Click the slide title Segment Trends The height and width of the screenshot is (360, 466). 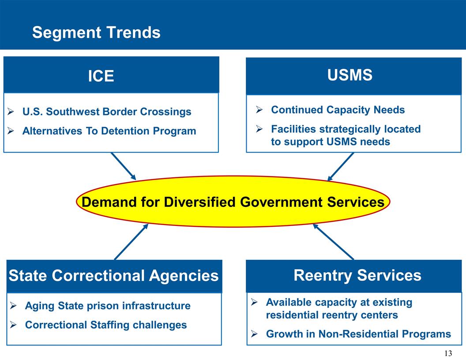96,33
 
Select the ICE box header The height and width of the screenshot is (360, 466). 101,76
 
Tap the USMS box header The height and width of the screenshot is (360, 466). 349,75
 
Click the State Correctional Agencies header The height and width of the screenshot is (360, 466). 113,276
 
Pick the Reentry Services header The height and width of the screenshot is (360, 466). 357,275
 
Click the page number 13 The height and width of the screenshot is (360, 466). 448,353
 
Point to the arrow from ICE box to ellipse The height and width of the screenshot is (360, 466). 124,166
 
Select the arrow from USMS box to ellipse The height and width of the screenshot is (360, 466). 341,166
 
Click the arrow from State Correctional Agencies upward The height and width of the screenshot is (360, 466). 131,242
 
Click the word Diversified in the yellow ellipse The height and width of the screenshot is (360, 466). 200,202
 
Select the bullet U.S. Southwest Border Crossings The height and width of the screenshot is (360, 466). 107,112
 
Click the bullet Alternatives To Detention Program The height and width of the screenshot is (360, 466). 109,131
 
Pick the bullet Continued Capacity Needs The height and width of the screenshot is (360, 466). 338,110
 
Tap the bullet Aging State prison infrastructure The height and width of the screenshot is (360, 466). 108,306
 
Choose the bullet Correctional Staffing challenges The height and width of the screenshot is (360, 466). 106,325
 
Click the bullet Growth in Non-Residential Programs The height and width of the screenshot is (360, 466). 358,334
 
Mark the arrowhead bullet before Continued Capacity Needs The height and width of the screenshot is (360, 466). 260,110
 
